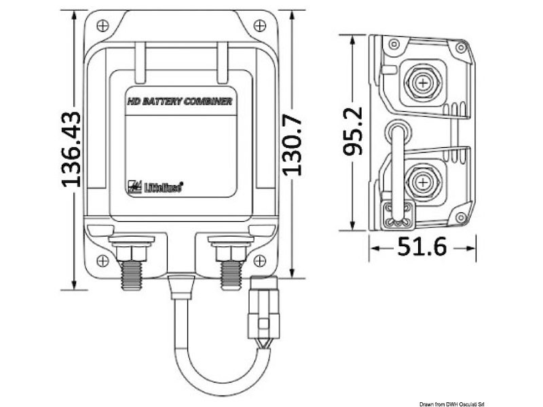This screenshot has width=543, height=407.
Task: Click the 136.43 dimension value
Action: [x=70, y=149]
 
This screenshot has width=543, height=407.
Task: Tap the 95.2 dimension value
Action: [x=354, y=132]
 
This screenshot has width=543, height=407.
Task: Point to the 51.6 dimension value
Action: [x=422, y=248]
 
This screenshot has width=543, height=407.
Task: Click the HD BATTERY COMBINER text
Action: [x=181, y=102]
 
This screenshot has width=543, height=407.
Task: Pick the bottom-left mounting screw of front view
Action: [x=102, y=261]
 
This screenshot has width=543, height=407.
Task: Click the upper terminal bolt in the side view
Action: [x=423, y=84]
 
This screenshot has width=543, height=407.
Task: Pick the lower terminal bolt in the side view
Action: [x=423, y=183]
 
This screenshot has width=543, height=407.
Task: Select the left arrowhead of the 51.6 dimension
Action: [x=373, y=249]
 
